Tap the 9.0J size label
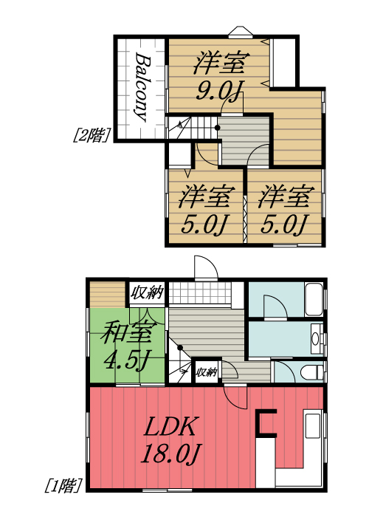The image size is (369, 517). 219,92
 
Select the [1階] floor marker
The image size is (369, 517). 63,485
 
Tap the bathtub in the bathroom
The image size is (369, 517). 314,299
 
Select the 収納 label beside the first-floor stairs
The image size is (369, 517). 206,372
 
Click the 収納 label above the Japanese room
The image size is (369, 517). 147,292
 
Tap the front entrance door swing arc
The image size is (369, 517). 204,267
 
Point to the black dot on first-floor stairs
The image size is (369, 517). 180,347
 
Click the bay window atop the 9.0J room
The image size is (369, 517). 240,32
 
